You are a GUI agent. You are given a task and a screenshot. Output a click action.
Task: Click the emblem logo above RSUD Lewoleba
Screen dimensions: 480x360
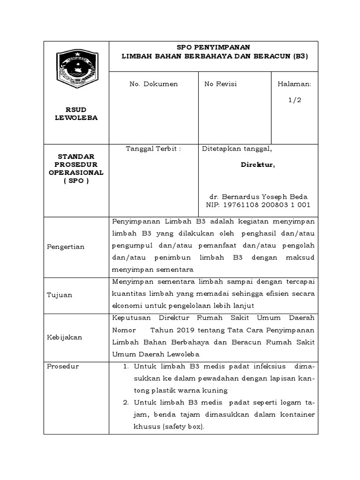pos(76,69)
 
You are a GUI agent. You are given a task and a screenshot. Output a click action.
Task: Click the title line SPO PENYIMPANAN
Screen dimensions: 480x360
pos(213,47)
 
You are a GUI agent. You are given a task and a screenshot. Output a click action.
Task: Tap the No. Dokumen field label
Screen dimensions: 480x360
pos(154,84)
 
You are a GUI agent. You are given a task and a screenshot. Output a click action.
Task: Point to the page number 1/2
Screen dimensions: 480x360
pos(295,100)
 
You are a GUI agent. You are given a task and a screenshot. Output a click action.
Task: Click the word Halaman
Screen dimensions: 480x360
pos(294,84)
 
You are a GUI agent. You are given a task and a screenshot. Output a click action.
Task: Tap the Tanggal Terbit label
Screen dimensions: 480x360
pos(153,149)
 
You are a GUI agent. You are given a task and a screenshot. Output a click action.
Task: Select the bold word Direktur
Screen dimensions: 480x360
pos(258,165)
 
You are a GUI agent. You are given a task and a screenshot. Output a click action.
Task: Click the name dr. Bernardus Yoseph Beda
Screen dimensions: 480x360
pos(258,197)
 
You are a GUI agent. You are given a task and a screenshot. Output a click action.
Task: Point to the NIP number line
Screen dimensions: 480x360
pos(258,205)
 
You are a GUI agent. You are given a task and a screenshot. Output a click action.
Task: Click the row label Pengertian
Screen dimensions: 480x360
pos(66,247)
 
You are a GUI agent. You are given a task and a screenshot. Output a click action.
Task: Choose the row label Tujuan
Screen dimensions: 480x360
pos(60,295)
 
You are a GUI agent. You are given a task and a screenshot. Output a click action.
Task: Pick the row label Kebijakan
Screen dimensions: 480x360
pos(65,337)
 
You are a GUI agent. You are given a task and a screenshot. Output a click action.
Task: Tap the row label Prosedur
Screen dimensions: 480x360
pos(63,366)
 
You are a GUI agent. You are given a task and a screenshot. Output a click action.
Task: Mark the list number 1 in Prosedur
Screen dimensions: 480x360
pos(126,366)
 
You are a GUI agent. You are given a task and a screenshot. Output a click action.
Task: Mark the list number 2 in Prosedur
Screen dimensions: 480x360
pos(126,403)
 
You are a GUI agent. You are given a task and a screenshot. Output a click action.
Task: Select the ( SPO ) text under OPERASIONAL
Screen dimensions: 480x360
pos(76,180)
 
